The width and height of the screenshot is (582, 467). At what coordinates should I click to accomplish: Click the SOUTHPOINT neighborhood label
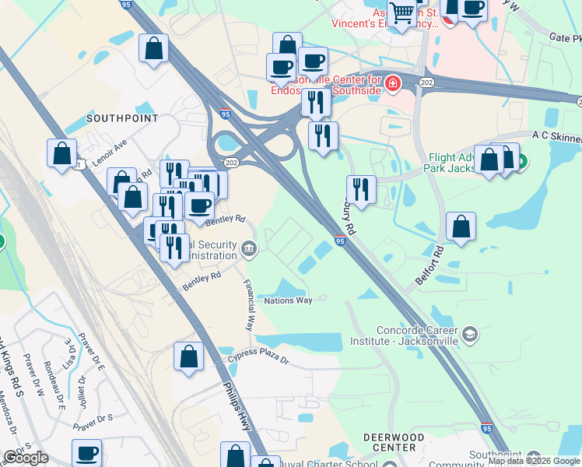tap(122, 118)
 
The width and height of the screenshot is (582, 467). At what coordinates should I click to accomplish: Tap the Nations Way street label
tap(288, 300)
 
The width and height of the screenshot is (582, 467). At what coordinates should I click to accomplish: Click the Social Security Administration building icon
tap(249, 248)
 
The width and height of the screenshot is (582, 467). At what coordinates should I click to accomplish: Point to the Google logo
tap(26, 458)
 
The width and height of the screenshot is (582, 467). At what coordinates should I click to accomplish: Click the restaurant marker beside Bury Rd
tap(361, 189)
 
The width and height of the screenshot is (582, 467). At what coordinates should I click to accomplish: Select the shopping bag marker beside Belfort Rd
tap(461, 226)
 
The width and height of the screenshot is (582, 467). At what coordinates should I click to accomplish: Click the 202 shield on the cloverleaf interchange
tap(231, 162)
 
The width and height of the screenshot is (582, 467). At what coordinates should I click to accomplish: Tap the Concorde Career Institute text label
tap(404, 335)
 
